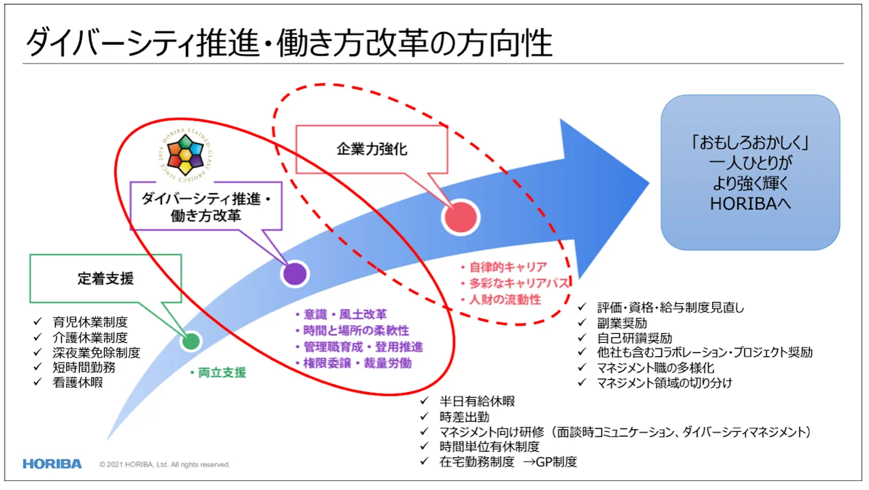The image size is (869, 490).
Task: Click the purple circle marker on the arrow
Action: pyautogui.click(x=295, y=274)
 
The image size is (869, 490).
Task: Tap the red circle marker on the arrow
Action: pyautogui.click(x=460, y=217)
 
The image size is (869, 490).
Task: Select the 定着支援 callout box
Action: pyautogui.click(x=105, y=279)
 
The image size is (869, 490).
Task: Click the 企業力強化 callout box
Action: pyautogui.click(x=372, y=150)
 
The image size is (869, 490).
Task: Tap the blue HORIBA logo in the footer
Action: pyautogui.click(x=52, y=464)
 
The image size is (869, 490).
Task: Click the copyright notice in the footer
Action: pyautogui.click(x=165, y=464)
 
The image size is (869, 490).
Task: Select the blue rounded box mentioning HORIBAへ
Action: pyautogui.click(x=750, y=172)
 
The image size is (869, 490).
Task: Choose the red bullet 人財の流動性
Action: pyautogui.click(x=500, y=299)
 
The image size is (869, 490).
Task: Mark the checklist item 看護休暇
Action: pyautogui.click(x=77, y=383)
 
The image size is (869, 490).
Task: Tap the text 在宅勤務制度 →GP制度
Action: pyautogui.click(x=508, y=462)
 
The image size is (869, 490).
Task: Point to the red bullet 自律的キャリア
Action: pyautogui.click(x=504, y=267)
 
